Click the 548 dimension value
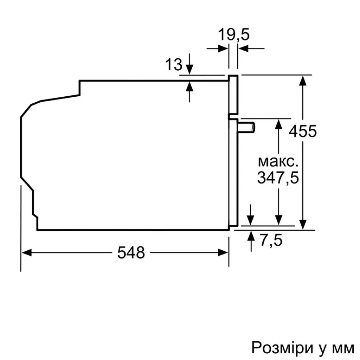tap(131, 252)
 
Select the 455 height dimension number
tap(303, 131)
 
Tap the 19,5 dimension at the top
tap(233, 35)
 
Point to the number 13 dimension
tap(174, 65)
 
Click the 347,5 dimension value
tap(278, 178)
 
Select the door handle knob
tap(247, 127)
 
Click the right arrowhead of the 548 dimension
tap(224, 252)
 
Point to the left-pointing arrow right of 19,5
tap(243, 49)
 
